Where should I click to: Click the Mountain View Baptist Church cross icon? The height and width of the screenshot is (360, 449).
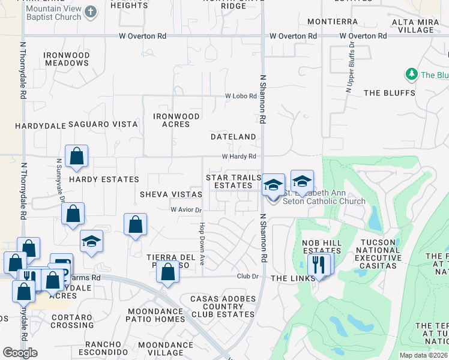click(x=91, y=12)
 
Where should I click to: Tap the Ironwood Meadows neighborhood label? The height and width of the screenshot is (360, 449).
click(x=67, y=59)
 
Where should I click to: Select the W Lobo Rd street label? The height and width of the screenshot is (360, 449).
click(x=241, y=96)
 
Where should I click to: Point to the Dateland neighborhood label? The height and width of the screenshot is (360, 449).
click(x=234, y=137)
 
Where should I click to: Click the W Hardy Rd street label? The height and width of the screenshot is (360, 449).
click(x=239, y=157)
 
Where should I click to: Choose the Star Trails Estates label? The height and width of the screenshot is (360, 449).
click(x=234, y=181)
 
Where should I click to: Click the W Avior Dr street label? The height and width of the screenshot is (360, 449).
click(x=186, y=210)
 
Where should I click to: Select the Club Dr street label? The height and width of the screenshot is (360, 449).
click(x=247, y=277)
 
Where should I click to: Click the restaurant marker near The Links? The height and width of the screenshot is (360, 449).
click(x=318, y=265)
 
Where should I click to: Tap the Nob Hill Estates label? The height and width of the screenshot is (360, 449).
click(x=321, y=247)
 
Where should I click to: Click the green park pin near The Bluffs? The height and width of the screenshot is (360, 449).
click(x=412, y=74)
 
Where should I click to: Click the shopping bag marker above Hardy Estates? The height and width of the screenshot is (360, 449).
click(x=77, y=157)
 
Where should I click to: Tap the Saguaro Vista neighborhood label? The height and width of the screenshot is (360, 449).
click(x=103, y=124)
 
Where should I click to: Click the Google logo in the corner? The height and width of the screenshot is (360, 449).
click(x=20, y=353)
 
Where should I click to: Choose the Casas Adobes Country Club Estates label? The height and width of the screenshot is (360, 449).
click(x=222, y=306)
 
